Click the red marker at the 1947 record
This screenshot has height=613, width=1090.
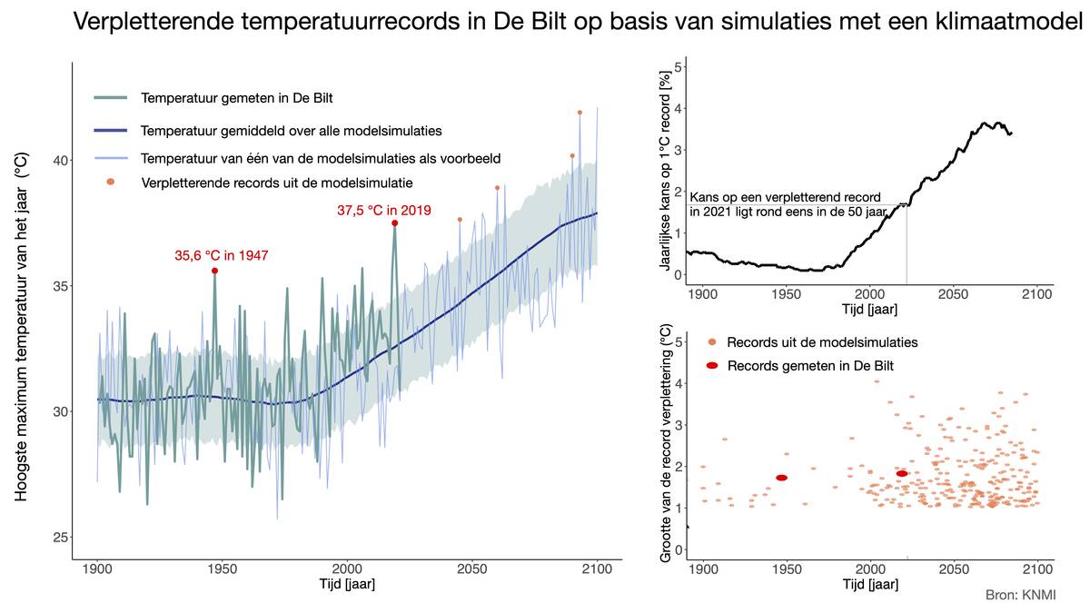click(x=214, y=271)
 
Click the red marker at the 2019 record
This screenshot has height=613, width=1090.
click(x=394, y=222)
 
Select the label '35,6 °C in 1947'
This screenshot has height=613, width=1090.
click(x=222, y=256)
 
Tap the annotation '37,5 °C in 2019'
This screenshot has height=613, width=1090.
click(x=383, y=211)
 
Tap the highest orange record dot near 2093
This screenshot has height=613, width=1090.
click(x=580, y=113)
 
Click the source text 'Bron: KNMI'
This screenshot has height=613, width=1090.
click(x=1020, y=595)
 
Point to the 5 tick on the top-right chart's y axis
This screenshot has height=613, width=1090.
click(x=676, y=66)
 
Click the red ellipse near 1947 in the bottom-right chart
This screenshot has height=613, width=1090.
click(x=781, y=478)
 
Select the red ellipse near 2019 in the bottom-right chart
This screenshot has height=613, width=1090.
click(x=902, y=473)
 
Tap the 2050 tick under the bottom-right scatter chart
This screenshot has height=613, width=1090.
click(x=954, y=569)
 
